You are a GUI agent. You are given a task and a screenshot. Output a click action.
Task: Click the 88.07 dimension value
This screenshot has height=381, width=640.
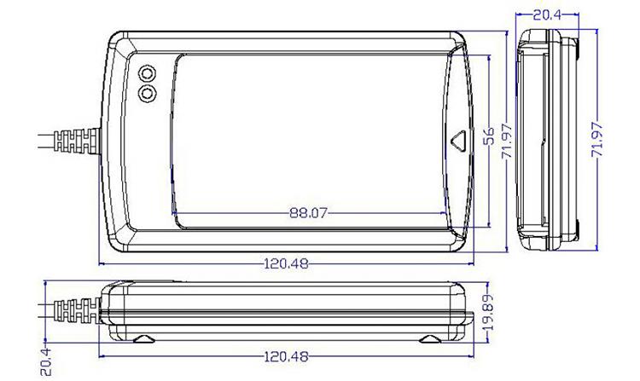[x=308, y=213]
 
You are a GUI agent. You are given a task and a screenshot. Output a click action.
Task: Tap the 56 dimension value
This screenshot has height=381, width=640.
[x=489, y=136]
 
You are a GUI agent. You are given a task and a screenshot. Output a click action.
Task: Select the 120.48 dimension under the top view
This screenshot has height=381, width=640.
[x=286, y=264]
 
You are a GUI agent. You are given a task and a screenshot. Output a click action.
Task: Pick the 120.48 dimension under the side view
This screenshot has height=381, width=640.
[x=286, y=357]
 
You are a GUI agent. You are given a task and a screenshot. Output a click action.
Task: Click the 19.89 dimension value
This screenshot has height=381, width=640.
[x=488, y=313]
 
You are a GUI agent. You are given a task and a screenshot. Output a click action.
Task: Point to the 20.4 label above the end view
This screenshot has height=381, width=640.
[x=547, y=15]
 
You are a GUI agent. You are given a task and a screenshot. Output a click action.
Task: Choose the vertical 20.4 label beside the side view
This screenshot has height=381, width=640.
[x=46, y=361]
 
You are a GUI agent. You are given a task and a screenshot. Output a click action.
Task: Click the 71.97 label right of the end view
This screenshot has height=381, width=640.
[x=597, y=140]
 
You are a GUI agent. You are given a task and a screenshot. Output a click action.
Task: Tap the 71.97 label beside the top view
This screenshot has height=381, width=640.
[x=507, y=141]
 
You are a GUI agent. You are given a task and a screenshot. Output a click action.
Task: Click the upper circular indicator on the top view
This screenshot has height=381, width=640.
[x=147, y=72]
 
